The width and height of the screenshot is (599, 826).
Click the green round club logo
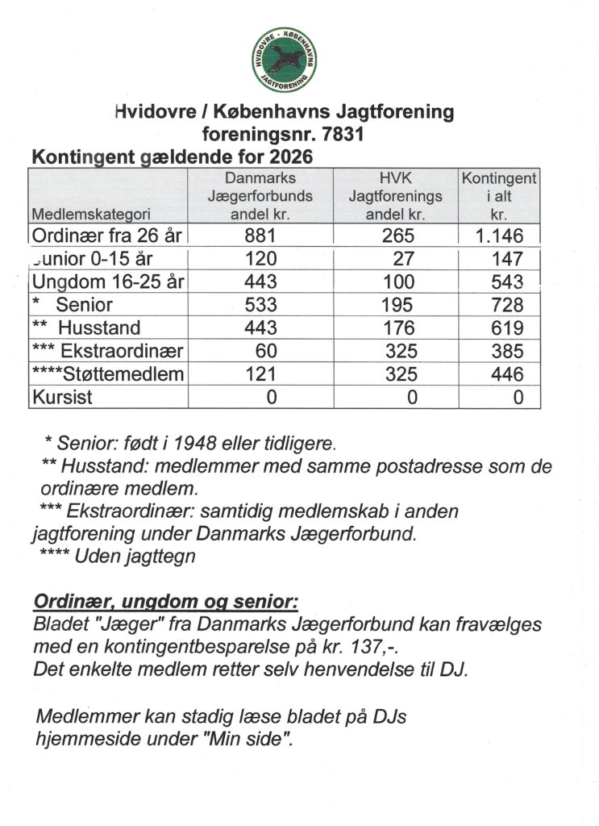[x=284, y=59]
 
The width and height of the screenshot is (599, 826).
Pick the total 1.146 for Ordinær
[x=500, y=236]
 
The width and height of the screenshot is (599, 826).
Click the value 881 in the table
[x=260, y=236]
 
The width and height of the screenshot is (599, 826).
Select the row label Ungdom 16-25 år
[x=107, y=282]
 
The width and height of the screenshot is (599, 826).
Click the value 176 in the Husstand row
[x=399, y=328]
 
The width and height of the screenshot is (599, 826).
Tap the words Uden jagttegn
[x=135, y=557]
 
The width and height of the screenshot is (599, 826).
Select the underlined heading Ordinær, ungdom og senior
[x=165, y=603]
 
